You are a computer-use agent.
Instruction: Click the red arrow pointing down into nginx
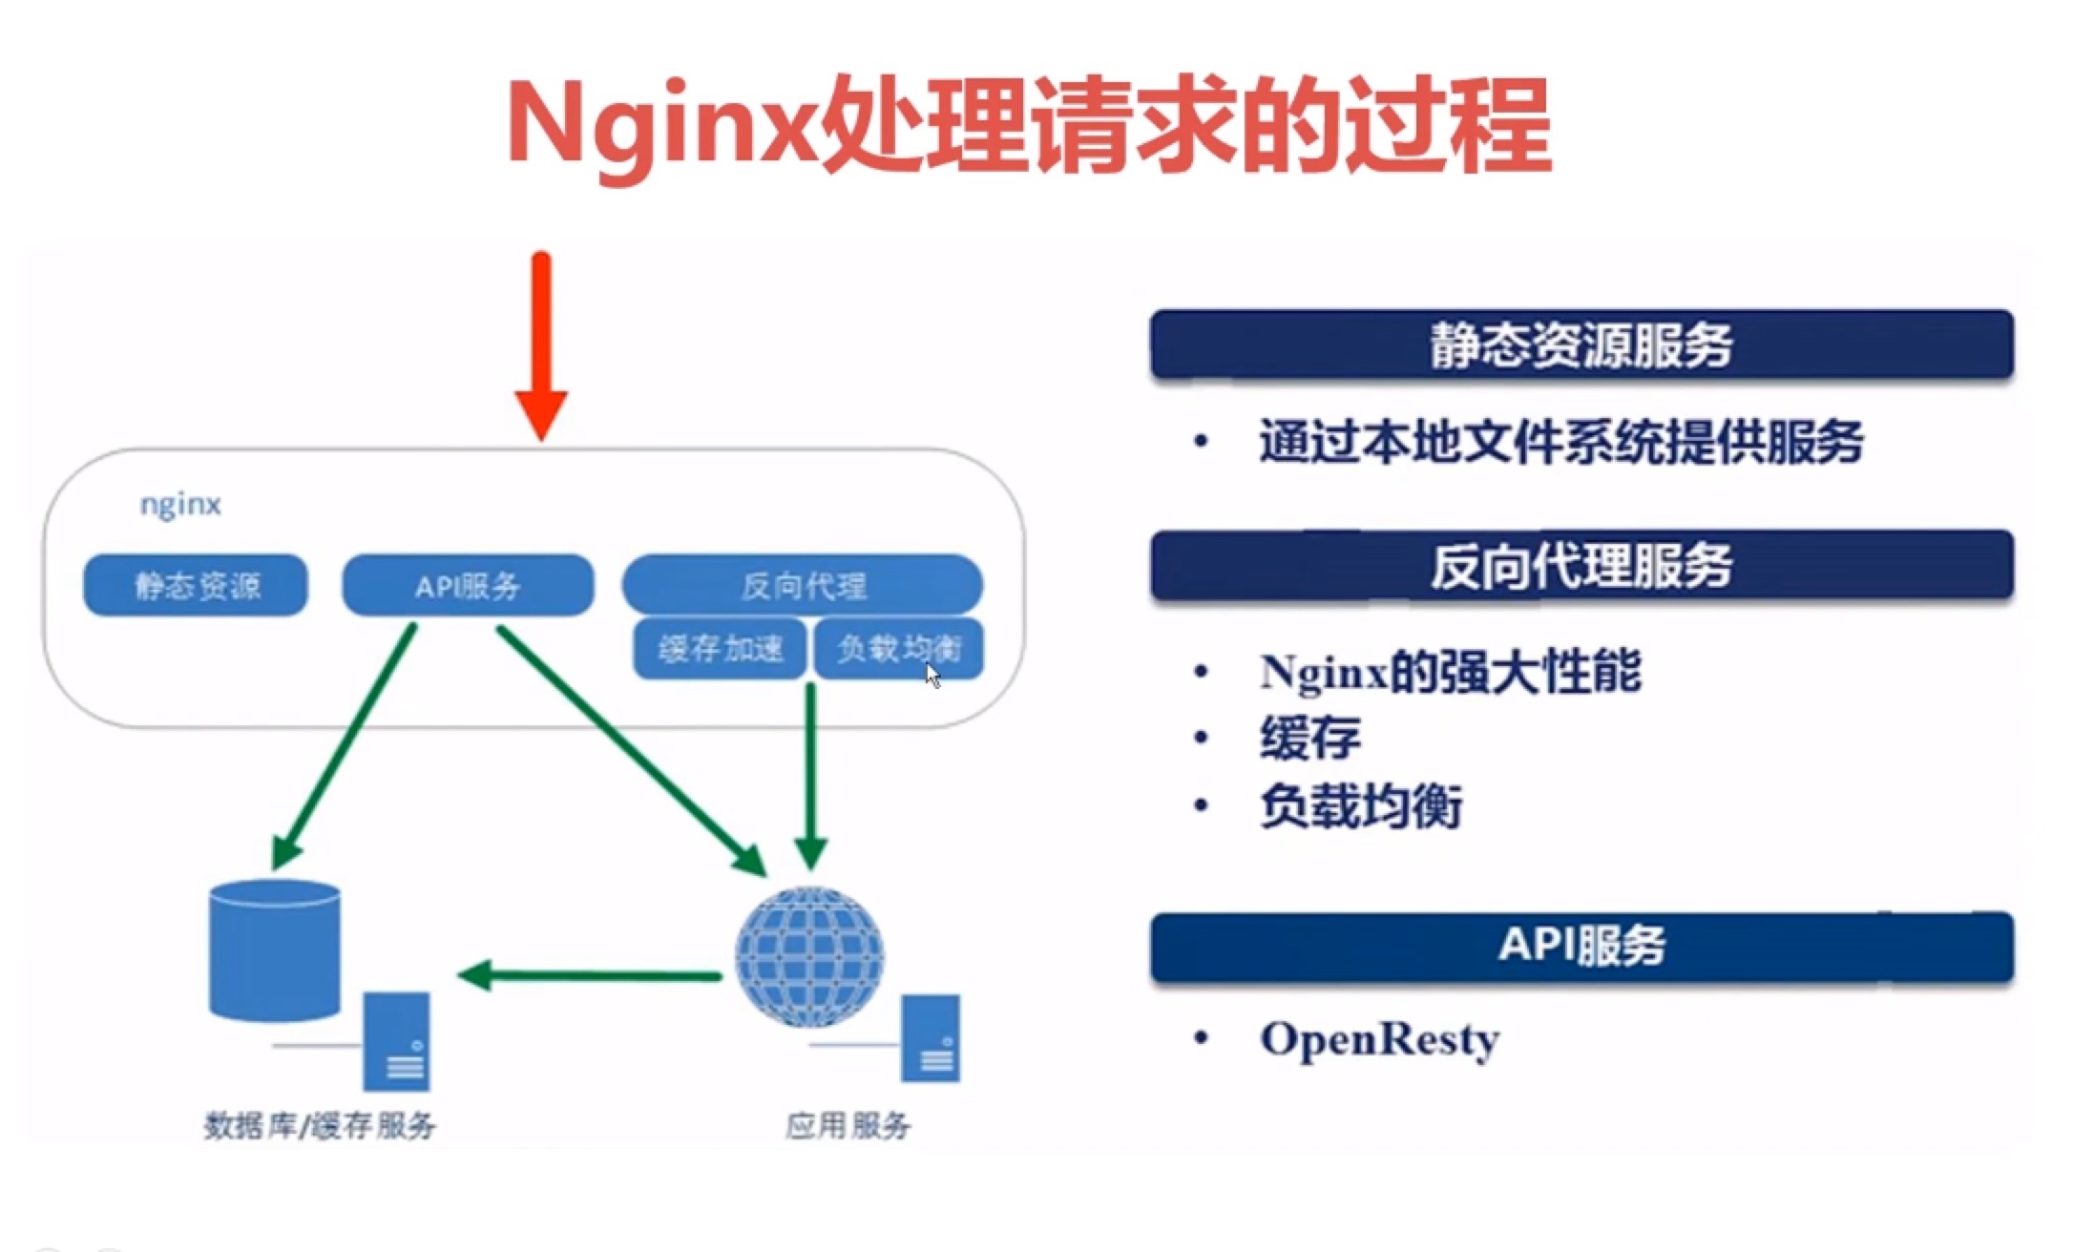click(541, 345)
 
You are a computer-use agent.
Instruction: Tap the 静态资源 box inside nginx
click(196, 585)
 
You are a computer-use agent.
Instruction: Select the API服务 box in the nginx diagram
click(468, 585)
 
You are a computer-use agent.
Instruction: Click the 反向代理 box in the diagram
click(803, 584)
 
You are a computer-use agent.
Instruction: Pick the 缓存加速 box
click(721, 649)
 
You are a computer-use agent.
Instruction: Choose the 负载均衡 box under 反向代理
click(898, 649)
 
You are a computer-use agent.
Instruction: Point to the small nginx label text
click(180, 504)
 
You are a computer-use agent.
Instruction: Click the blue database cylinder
click(275, 950)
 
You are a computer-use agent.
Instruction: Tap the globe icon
click(809, 957)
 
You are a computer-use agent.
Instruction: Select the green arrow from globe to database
click(590, 975)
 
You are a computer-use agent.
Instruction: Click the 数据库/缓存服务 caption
click(320, 1126)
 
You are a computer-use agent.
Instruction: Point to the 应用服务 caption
click(848, 1126)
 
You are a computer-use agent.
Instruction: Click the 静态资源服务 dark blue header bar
click(1581, 344)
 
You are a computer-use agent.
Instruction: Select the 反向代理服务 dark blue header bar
click(1581, 565)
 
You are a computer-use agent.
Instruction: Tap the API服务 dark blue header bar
click(1581, 947)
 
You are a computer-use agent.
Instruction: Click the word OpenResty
click(1379, 1040)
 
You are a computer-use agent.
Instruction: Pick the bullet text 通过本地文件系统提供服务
click(1561, 442)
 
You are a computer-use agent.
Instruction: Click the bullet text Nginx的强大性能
click(1451, 671)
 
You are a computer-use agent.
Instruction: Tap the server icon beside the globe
click(931, 1038)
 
